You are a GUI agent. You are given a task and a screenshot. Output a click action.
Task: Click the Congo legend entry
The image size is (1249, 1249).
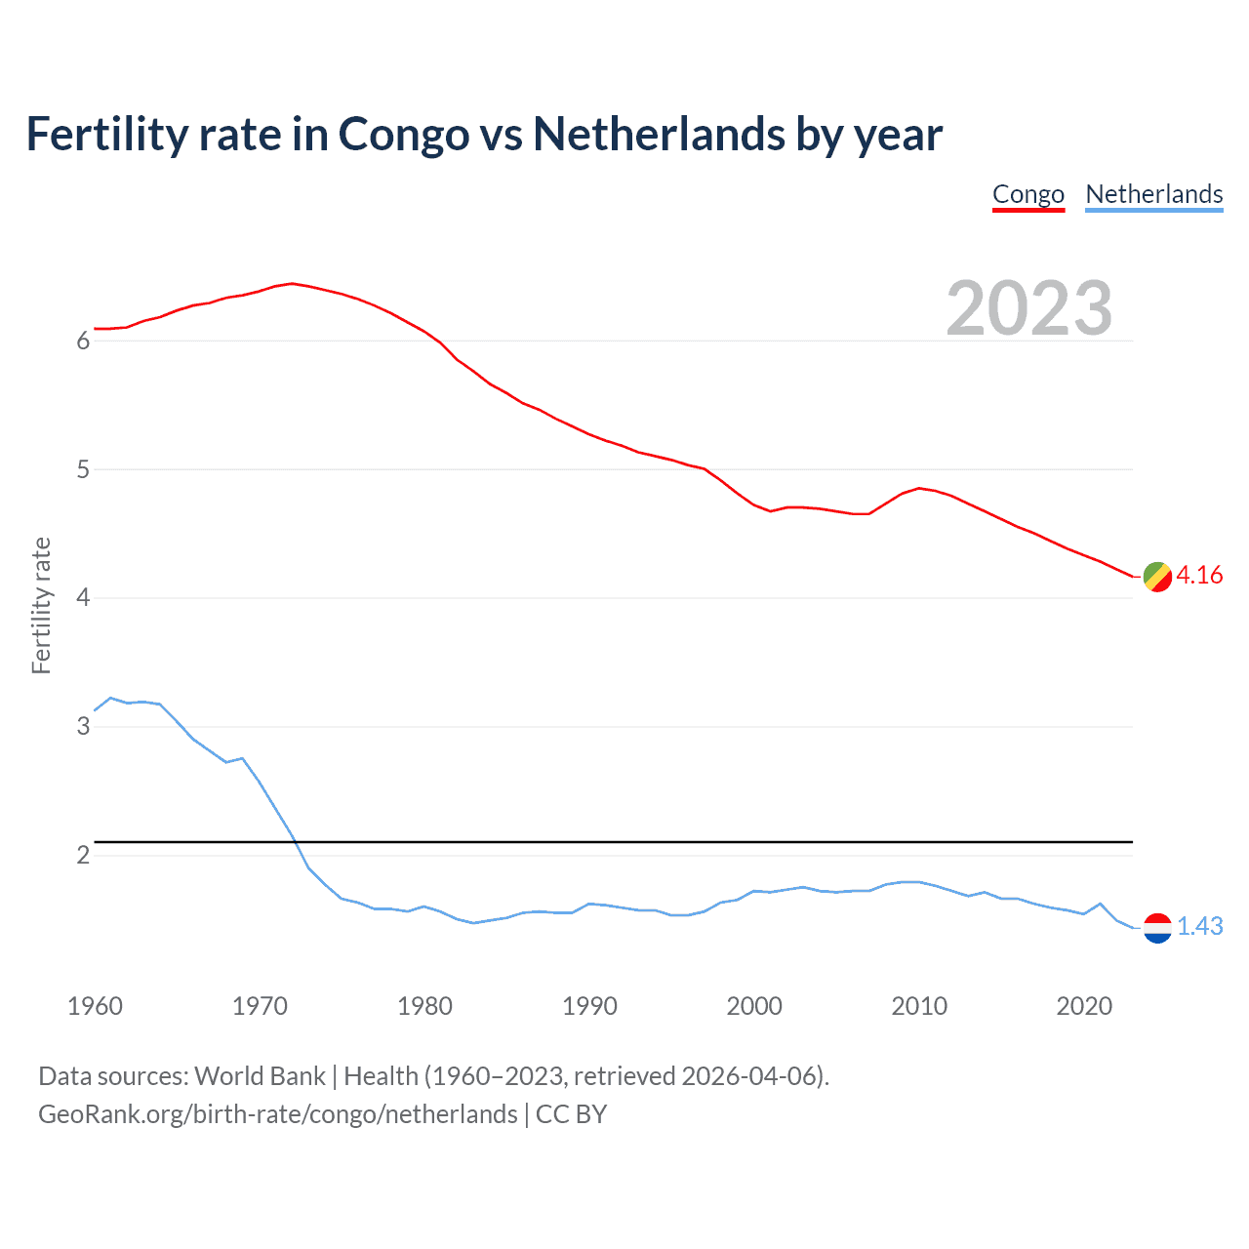(x=1027, y=194)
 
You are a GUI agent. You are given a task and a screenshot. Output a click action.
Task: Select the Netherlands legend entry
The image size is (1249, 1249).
(x=1153, y=194)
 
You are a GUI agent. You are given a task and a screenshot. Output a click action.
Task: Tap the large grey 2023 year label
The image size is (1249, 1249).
(x=1028, y=308)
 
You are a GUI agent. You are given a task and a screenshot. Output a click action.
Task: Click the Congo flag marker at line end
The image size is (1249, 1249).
(x=1157, y=577)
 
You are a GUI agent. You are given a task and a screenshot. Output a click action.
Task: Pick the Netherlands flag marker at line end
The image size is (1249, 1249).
(x=1157, y=927)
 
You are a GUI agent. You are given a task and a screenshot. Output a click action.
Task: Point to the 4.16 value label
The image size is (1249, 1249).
(x=1199, y=575)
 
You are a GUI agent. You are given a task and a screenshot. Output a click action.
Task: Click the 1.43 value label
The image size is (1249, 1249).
(x=1199, y=926)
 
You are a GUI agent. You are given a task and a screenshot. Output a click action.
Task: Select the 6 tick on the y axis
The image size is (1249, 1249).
(x=83, y=341)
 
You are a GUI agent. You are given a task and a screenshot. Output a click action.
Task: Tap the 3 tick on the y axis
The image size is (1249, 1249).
(x=83, y=726)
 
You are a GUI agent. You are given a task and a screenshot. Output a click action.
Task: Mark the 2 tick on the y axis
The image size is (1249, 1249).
(x=83, y=855)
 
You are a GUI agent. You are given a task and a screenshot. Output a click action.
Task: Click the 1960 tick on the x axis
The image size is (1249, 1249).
(x=95, y=1006)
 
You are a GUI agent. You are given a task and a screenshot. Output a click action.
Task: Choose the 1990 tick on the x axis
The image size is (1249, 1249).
(x=589, y=1006)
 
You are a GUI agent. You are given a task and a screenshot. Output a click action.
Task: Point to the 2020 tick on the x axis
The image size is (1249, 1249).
(x=1084, y=1006)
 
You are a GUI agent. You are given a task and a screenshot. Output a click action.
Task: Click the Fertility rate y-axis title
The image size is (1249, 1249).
(x=41, y=605)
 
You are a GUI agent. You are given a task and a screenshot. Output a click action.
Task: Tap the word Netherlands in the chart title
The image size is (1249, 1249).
(x=659, y=134)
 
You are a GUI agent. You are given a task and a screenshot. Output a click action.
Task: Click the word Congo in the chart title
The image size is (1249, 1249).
(x=403, y=134)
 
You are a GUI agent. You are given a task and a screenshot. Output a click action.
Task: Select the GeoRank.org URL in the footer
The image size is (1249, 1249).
(x=277, y=1114)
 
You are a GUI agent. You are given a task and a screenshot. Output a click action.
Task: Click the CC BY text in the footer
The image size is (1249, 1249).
(x=571, y=1114)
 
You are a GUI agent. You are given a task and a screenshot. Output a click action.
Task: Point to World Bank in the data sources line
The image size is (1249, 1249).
(x=260, y=1076)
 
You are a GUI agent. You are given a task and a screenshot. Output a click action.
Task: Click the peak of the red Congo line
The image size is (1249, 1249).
(x=292, y=283)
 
